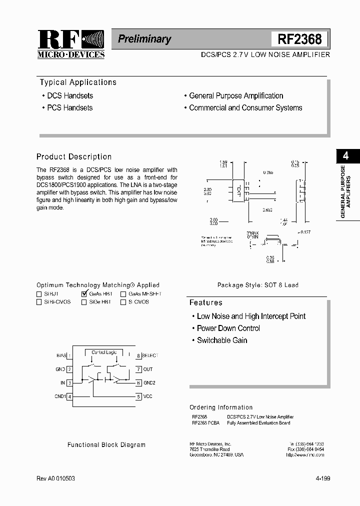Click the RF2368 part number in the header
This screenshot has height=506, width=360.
(299, 39)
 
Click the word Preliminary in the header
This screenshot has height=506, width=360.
(144, 39)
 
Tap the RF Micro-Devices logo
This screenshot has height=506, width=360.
(70, 44)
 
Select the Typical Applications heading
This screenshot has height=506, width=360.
(78, 82)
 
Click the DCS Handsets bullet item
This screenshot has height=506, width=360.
(69, 95)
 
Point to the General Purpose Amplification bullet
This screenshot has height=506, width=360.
(236, 95)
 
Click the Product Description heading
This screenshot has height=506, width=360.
(74, 156)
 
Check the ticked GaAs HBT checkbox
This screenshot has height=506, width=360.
(84, 294)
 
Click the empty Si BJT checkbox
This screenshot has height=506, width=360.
(39, 294)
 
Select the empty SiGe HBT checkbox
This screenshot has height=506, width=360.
(84, 302)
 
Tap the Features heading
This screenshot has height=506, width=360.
(205, 302)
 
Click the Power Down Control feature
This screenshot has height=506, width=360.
(228, 328)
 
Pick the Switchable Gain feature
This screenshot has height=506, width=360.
(222, 340)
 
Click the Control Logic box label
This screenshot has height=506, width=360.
(104, 352)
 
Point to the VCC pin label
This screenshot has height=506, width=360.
(147, 396)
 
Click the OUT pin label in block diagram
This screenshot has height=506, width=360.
(147, 369)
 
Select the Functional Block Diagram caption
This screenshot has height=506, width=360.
(106, 444)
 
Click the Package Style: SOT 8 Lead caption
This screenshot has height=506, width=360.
(257, 285)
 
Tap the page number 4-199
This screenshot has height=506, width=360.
(323, 478)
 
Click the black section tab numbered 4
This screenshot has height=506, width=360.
(345, 156)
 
